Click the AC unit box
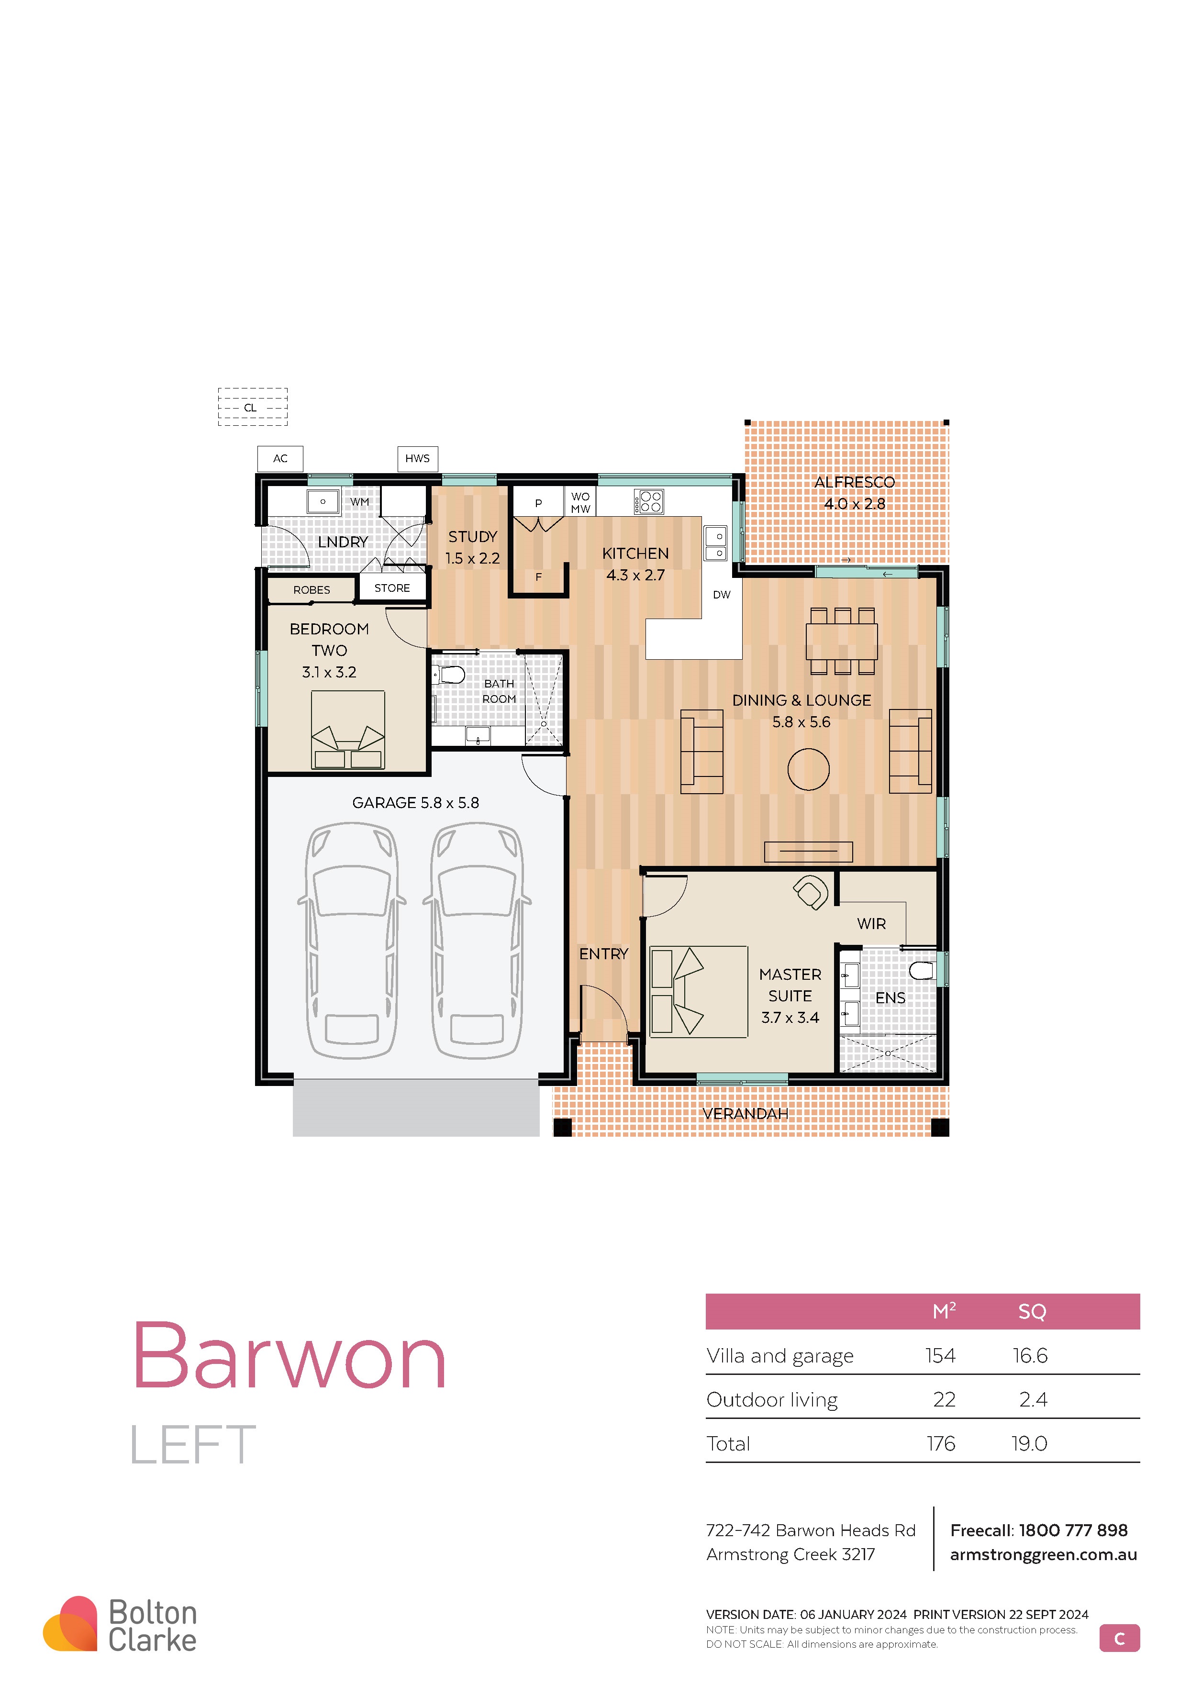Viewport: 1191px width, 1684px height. [x=280, y=458]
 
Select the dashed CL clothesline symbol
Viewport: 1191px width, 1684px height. [x=252, y=407]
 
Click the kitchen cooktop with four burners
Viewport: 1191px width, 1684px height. [x=649, y=502]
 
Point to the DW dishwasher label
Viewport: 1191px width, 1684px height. [x=722, y=595]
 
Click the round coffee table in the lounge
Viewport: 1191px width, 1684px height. [x=808, y=769]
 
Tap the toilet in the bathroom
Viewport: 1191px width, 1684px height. [x=449, y=674]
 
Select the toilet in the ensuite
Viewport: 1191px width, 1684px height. [x=923, y=970]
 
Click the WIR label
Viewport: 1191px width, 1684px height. [x=871, y=924]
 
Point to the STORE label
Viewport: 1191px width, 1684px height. [x=392, y=588]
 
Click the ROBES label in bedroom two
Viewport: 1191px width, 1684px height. [x=312, y=590]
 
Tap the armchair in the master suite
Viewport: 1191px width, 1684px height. [x=811, y=892]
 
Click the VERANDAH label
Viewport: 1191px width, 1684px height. [x=745, y=1113]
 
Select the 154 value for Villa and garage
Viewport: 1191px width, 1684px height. [x=940, y=1355]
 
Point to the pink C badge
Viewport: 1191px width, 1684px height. [x=1119, y=1639]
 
